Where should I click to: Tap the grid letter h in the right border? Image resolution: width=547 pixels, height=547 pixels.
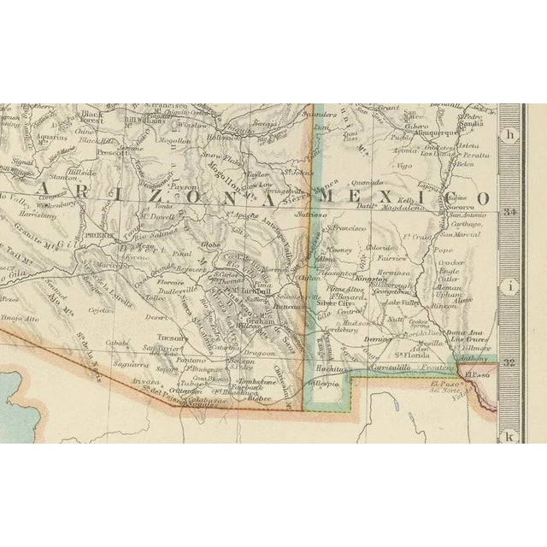(x=511, y=134)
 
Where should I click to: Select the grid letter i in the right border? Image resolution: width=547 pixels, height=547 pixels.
(x=511, y=286)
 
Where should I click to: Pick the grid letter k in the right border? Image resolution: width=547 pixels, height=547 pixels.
(x=511, y=436)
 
